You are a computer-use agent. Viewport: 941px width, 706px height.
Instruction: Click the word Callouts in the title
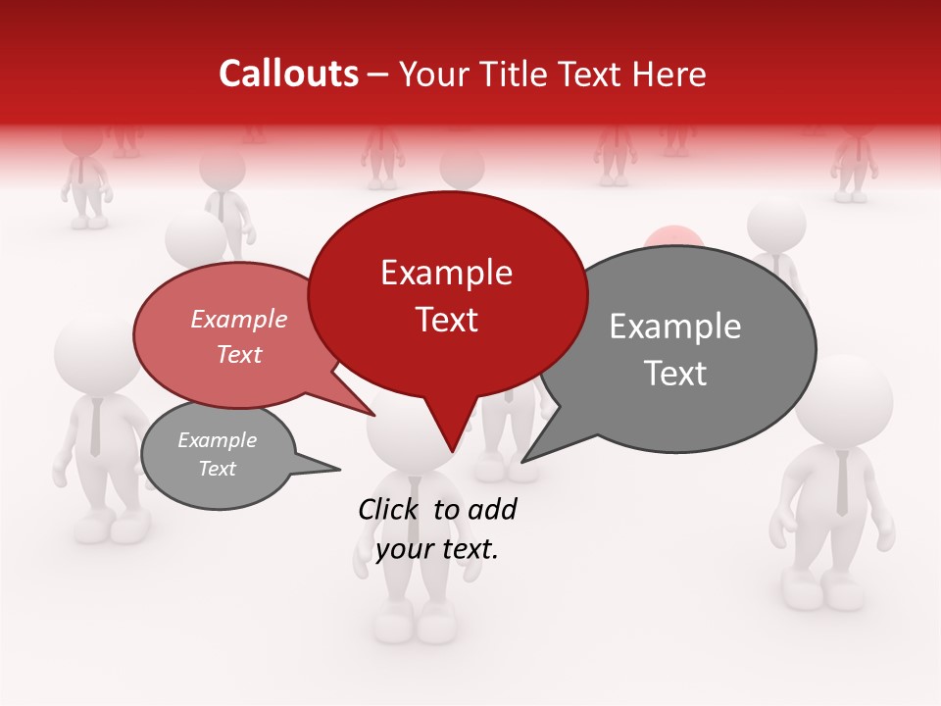tap(288, 74)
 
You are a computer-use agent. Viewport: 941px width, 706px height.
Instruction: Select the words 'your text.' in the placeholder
tap(437, 549)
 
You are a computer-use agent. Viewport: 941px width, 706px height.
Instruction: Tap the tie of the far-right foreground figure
tap(842, 484)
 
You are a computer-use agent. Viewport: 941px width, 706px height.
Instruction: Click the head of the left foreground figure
tap(93, 353)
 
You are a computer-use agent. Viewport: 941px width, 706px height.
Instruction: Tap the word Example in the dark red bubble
tap(446, 273)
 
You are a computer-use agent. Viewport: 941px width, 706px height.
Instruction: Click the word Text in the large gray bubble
tap(676, 374)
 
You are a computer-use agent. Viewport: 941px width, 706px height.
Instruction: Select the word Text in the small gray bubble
tap(218, 469)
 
